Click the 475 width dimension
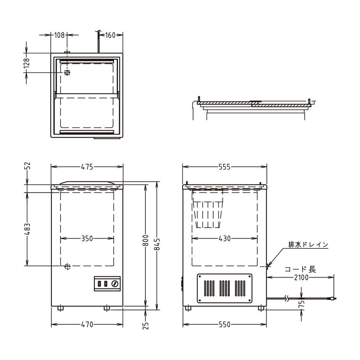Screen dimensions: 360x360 tap(87, 167)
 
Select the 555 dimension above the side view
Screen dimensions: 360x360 tap(224, 167)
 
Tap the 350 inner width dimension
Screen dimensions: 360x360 tap(87, 238)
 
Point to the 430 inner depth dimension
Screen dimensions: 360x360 tap(224, 238)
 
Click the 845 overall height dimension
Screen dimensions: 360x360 tap(157, 244)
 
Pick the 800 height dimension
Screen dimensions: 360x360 tap(146, 240)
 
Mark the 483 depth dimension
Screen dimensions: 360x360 tap(27, 229)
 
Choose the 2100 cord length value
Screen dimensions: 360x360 tap(301, 277)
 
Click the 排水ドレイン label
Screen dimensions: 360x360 tap(308, 245)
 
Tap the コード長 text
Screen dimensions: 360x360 tap(300, 269)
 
